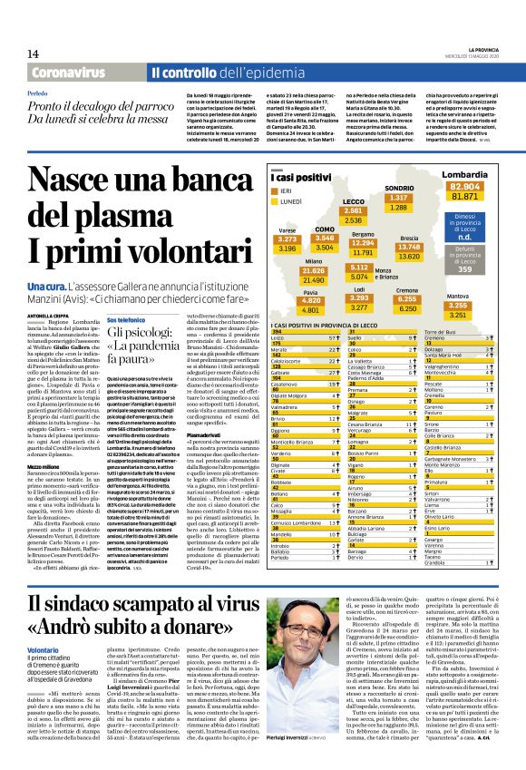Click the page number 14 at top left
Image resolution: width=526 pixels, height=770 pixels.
click(x=34, y=54)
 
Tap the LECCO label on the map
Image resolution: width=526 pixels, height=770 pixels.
click(x=355, y=201)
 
